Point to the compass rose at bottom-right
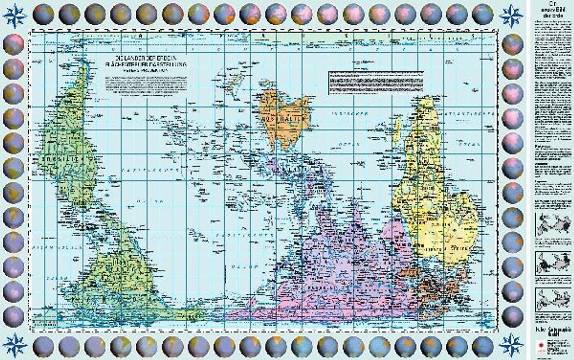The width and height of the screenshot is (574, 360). pos(512,345)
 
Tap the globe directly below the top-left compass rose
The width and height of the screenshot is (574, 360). pos(13,44)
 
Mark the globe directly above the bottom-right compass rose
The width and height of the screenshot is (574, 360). pos(513,315)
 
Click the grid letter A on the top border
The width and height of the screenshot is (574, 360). pos(140,35)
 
